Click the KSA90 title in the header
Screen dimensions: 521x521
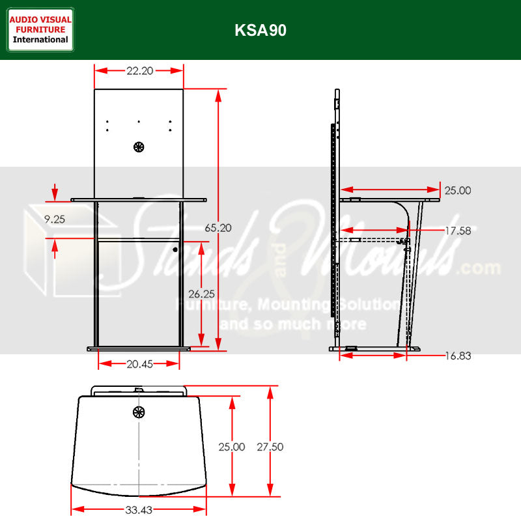(260, 31)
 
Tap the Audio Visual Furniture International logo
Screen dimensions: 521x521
(40, 29)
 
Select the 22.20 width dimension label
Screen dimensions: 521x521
(139, 71)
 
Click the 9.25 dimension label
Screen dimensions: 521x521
(55, 219)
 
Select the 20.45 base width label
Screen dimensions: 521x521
(139, 364)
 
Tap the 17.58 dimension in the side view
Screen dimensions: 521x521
(458, 230)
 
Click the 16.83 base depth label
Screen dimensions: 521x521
(458, 356)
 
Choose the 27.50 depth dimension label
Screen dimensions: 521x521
(270, 447)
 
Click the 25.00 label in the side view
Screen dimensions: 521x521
(458, 191)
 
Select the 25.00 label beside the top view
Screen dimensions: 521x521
(232, 447)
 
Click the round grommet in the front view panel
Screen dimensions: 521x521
(138, 147)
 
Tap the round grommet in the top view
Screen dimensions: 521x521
(138, 412)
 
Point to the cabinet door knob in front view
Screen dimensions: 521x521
(175, 249)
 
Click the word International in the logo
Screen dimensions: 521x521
(40, 40)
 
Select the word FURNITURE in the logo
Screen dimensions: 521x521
(40, 29)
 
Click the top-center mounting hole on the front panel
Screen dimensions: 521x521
(139, 122)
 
